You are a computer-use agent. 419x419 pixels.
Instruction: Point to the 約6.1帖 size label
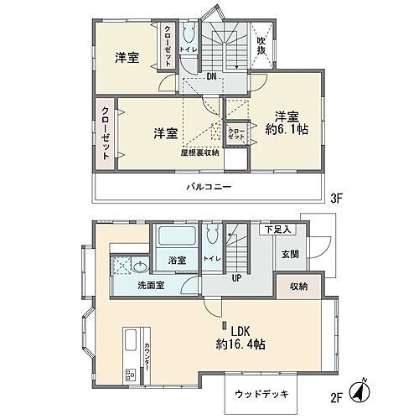click(x=285, y=131)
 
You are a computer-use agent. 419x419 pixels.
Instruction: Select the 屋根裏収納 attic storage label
click(x=199, y=153)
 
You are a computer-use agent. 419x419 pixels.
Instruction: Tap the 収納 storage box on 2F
click(x=298, y=287)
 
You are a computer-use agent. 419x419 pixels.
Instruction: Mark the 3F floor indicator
click(x=338, y=199)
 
